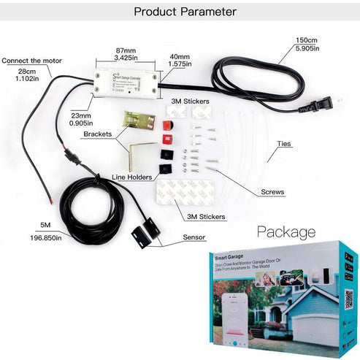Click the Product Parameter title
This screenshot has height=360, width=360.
click(186, 12)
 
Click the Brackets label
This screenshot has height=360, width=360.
click(98, 134)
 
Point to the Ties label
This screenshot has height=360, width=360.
click(286, 144)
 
